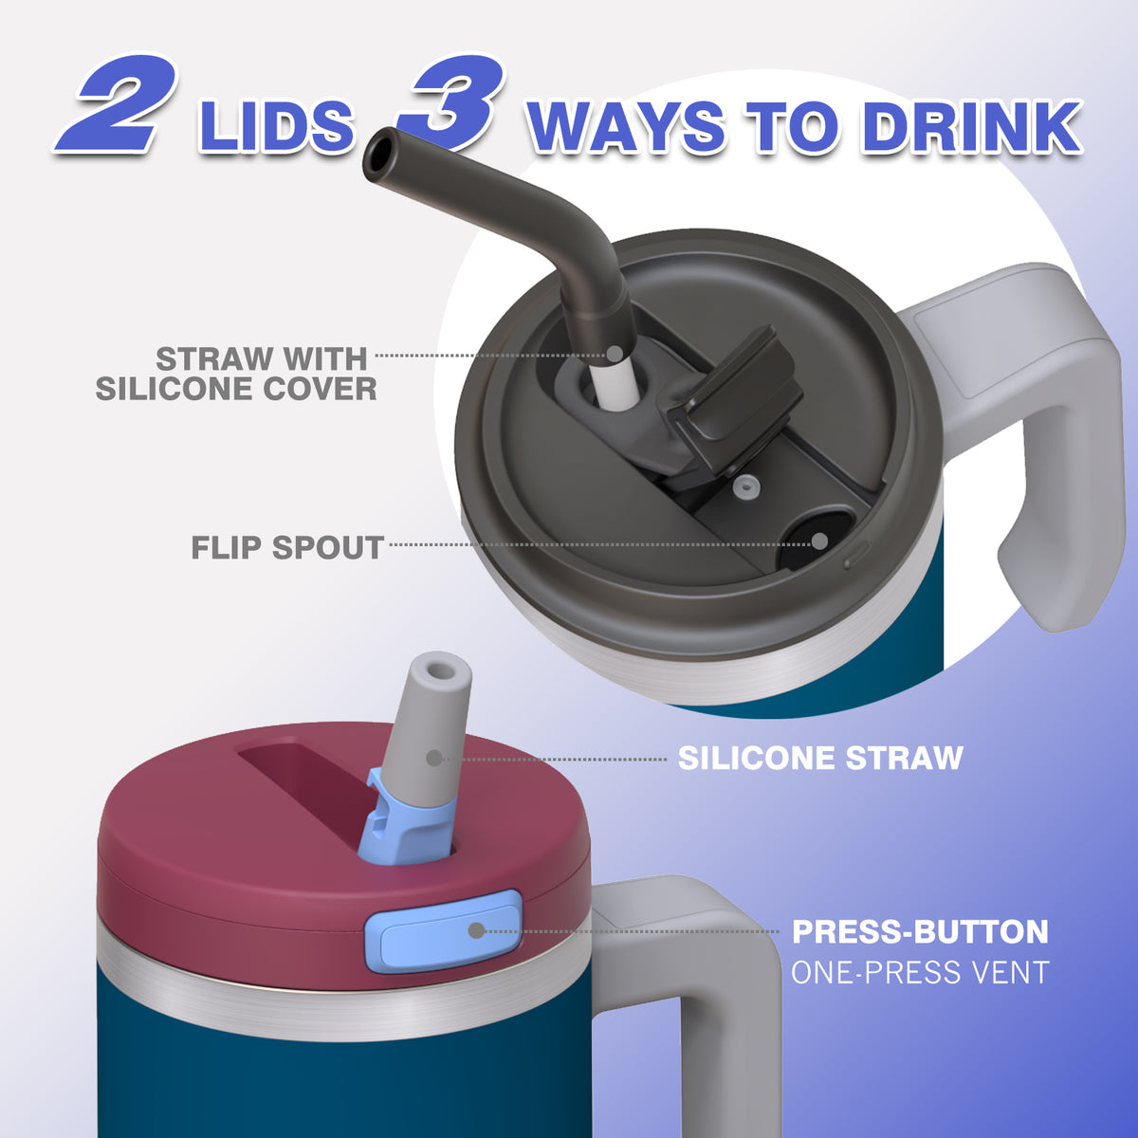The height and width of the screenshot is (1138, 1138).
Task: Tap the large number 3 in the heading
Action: [451, 101]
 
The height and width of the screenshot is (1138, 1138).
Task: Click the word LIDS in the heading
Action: [276, 128]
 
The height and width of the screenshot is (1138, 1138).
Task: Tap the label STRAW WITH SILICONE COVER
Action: [236, 374]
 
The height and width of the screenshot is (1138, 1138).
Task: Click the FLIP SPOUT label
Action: [287, 547]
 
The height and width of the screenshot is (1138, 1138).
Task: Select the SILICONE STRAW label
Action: [820, 759]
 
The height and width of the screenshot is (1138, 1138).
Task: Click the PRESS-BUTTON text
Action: [920, 932]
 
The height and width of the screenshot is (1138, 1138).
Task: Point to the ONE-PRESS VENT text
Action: [920, 972]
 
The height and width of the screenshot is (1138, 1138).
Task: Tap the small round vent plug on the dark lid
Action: [745, 489]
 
